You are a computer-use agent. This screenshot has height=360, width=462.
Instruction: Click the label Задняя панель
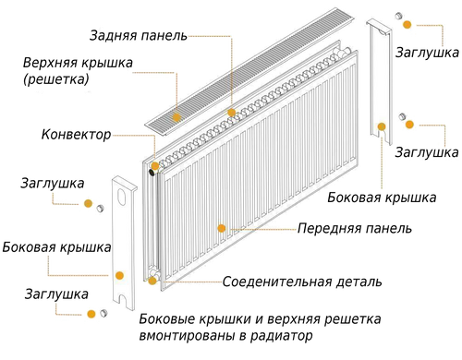pyautogui.click(x=139, y=35)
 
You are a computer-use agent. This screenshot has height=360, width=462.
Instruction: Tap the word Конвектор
pyautogui.click(x=76, y=135)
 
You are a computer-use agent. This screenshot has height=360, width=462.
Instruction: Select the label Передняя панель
pyautogui.click(x=355, y=228)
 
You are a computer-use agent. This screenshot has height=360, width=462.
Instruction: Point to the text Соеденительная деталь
pyautogui.click(x=302, y=282)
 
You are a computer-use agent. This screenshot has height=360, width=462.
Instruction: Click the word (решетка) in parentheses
pyautogui.click(x=56, y=79)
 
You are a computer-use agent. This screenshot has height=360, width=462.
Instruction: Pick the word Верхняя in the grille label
pyautogui.click(x=50, y=63)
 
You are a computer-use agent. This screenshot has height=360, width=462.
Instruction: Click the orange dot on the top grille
pyautogui.click(x=176, y=117)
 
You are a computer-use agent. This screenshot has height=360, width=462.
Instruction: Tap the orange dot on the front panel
pyautogui.click(x=222, y=228)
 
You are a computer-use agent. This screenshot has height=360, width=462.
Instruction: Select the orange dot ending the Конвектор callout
pyautogui.click(x=155, y=166)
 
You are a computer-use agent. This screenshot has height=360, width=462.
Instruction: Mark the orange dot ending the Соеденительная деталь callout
pyautogui.click(x=152, y=281)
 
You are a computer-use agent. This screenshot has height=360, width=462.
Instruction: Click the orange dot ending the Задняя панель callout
pyautogui.click(x=232, y=113)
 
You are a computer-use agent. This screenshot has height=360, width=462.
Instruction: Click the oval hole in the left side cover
pyautogui.click(x=122, y=198)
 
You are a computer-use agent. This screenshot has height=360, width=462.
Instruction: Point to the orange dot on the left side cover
pyautogui.click(x=119, y=275)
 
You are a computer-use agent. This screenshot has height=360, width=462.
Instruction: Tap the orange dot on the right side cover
pyautogui.click(x=382, y=126)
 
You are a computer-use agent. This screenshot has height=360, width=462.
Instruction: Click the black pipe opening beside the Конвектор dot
pyautogui.click(x=152, y=173)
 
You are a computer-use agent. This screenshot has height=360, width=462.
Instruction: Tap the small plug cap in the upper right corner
pyautogui.click(x=399, y=16)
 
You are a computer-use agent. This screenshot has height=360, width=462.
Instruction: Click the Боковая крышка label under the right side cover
pyautogui.click(x=382, y=198)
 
